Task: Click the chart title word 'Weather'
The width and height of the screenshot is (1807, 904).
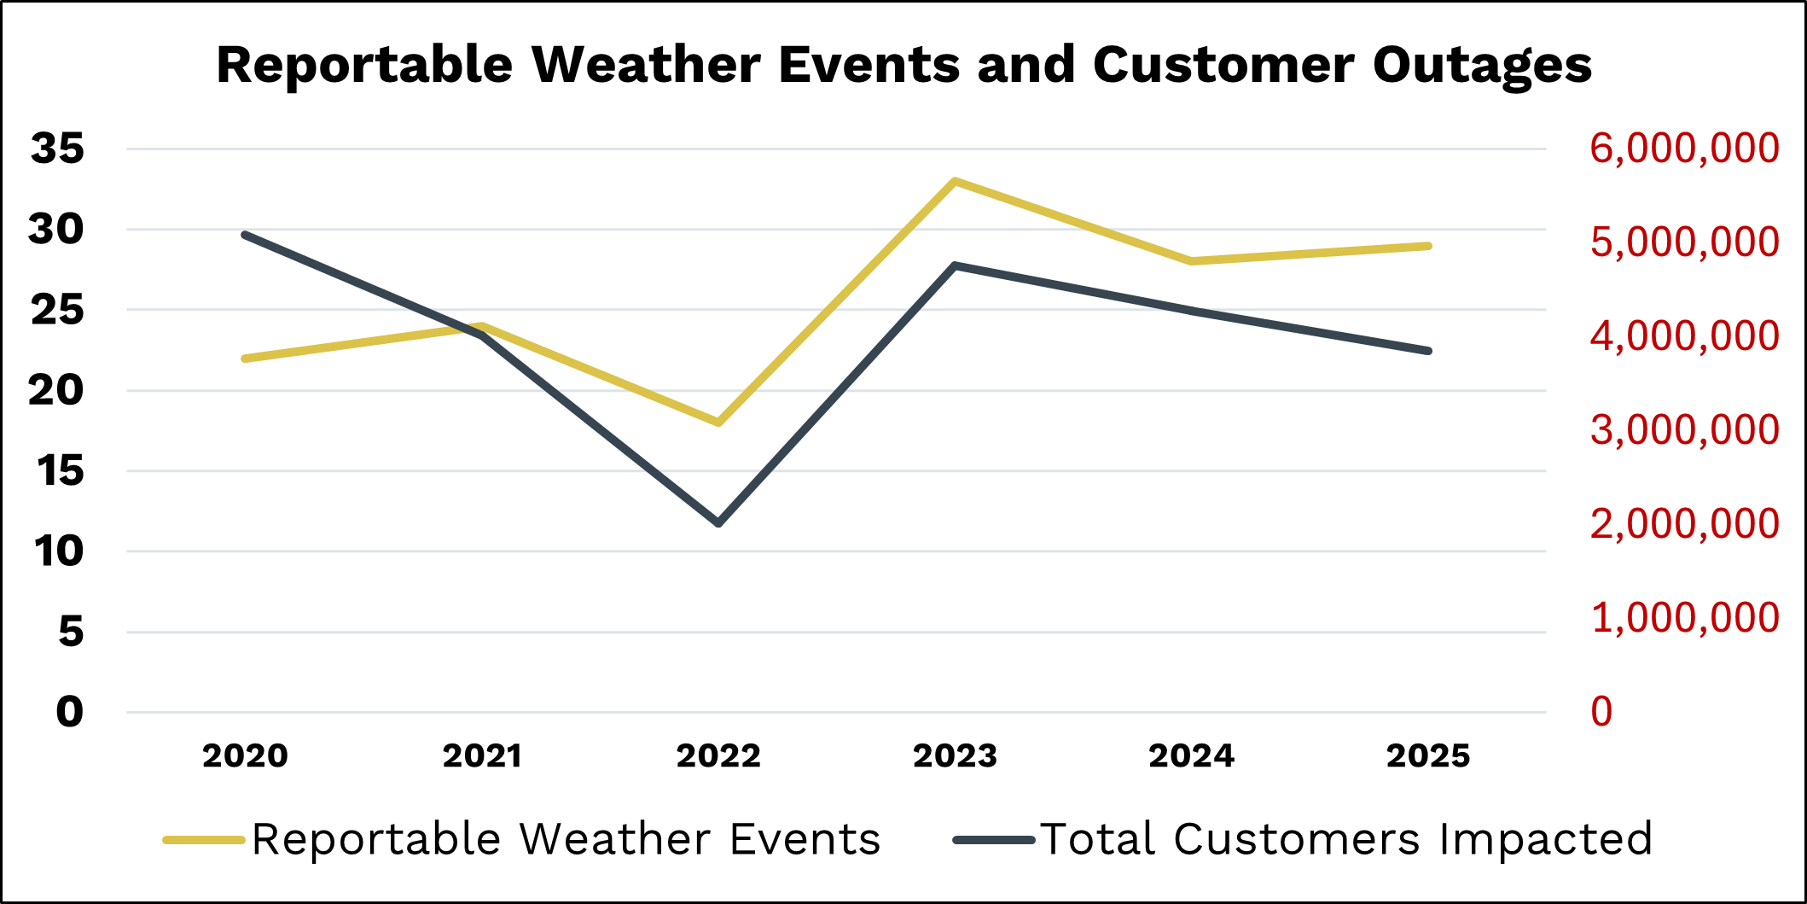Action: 646,65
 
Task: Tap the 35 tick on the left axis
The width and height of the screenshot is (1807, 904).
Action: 57,149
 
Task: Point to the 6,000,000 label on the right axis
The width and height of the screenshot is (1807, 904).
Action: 1684,149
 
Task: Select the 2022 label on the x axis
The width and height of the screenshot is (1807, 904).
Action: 718,755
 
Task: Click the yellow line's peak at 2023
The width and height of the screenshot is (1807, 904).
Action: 955,181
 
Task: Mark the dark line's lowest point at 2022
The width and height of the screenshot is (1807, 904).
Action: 718,522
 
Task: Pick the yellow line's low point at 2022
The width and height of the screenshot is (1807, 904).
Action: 718,422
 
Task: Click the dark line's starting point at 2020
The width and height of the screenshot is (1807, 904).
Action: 246,235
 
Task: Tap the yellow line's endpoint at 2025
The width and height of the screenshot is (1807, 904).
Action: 1428,246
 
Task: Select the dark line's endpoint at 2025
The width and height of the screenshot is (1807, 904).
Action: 1428,351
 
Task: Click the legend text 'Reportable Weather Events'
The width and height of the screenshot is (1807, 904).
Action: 566,839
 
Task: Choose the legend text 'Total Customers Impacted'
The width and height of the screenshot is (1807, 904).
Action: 1346,839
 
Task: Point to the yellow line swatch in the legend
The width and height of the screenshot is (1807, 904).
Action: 204,841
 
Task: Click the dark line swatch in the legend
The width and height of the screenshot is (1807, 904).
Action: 993,841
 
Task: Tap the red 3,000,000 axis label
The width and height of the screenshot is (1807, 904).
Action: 1684,430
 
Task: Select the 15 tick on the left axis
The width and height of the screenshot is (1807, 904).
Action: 60,471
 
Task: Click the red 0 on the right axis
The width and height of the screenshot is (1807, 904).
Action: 1601,712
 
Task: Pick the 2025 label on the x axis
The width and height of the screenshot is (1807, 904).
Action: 1428,755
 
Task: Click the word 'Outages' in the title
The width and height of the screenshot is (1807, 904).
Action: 1482,65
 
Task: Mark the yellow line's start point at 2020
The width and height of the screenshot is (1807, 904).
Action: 246,359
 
